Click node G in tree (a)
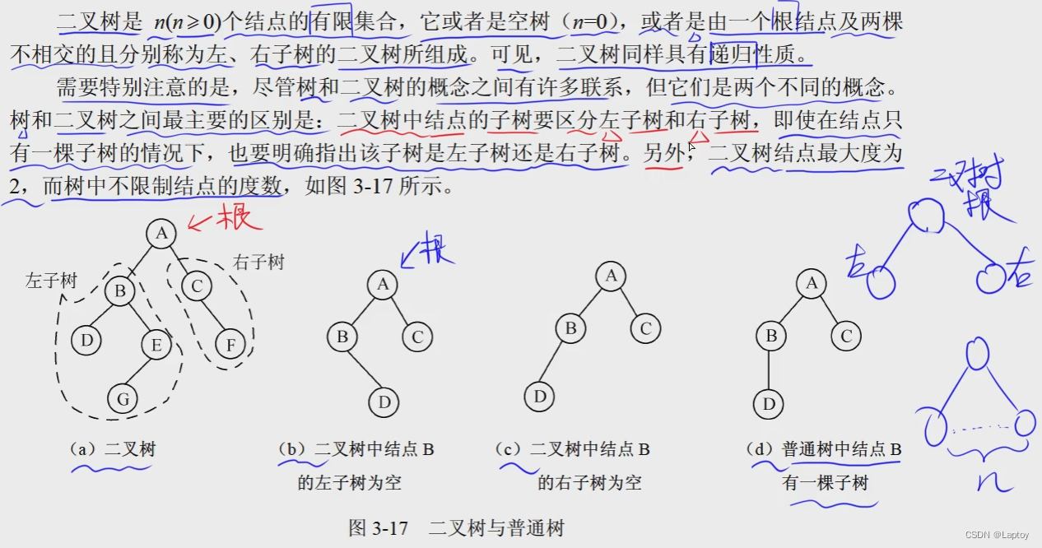[123, 399]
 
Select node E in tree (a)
[156, 345]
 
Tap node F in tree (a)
[230, 344]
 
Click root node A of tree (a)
[161, 234]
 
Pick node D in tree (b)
[384, 402]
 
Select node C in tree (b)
[417, 337]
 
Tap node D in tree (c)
[540, 397]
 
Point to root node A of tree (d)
[812, 284]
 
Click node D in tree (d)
[768, 403]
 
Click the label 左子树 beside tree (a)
[51, 281]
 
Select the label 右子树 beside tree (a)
[258, 262]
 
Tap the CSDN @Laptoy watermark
[998, 535]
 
